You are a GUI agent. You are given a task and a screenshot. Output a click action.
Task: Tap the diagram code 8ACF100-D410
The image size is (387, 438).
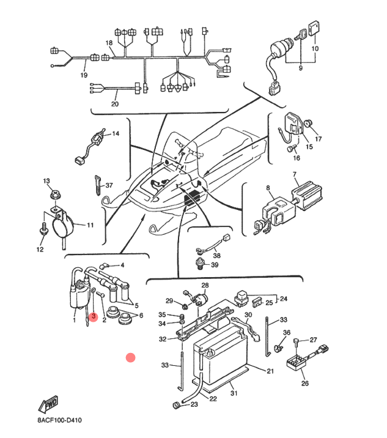click(59, 421)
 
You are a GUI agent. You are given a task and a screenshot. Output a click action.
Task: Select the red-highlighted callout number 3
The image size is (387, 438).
click(94, 317)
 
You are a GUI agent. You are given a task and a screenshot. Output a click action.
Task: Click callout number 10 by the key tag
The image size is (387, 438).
click(315, 48)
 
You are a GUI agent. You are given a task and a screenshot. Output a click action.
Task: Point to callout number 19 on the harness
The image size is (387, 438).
click(84, 75)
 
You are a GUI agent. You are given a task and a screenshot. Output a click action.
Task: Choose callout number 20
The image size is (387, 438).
click(114, 104)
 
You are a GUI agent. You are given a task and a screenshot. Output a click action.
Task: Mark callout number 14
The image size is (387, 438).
click(116, 133)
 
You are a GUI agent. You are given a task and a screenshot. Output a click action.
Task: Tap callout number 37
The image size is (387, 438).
click(109, 185)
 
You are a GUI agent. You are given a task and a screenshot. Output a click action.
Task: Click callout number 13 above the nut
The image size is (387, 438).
click(46, 181)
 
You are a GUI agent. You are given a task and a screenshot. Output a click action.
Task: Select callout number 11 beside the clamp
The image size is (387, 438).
click(90, 225)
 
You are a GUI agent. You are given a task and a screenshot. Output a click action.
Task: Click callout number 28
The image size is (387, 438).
click(205, 286)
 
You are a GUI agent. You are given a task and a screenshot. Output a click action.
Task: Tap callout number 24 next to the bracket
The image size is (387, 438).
click(283, 299)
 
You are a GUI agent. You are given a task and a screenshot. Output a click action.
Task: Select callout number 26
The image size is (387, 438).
click(305, 384)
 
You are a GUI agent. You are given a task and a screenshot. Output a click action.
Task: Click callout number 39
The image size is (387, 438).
click(215, 265)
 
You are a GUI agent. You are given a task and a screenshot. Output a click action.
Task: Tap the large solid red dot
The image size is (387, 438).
click(130, 357)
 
